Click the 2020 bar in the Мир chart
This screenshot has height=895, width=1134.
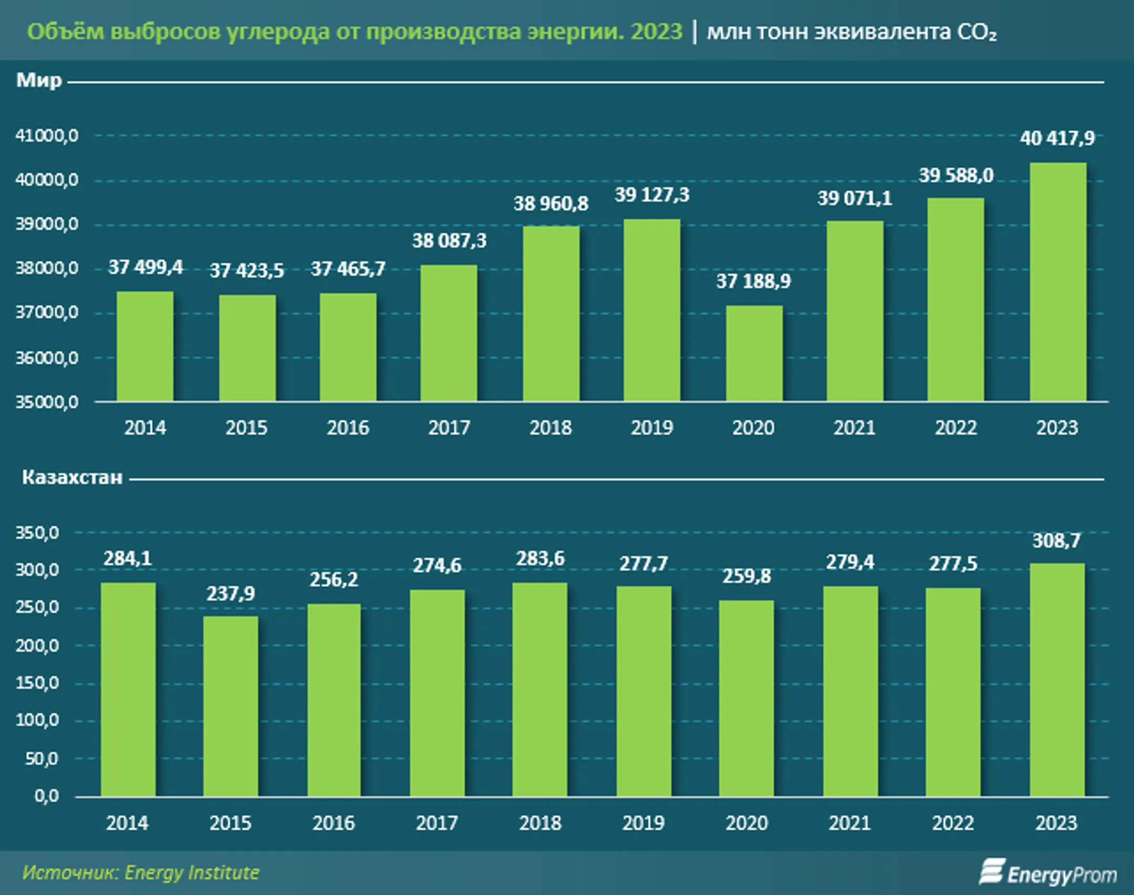(x=754, y=354)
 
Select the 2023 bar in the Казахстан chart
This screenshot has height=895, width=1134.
(x=1057, y=680)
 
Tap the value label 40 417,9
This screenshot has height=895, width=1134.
(x=1057, y=138)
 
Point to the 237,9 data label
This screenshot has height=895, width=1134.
(x=230, y=594)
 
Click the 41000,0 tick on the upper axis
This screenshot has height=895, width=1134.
(x=47, y=136)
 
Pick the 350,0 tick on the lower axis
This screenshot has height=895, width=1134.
(x=37, y=533)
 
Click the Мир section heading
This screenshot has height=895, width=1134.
(x=39, y=81)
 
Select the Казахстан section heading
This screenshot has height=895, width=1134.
(x=72, y=477)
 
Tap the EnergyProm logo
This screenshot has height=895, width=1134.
(x=1048, y=873)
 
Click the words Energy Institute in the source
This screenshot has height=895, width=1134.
(x=192, y=872)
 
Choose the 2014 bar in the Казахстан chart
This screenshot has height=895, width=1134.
(x=128, y=689)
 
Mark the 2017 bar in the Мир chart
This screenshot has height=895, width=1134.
(x=449, y=333)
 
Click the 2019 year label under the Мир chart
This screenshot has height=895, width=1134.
(x=652, y=428)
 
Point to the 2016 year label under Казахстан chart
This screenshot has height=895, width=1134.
(x=333, y=823)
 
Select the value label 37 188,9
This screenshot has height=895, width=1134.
(x=753, y=282)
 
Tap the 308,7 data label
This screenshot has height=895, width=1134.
(x=1056, y=541)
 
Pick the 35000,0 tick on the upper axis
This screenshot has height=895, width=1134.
(x=47, y=402)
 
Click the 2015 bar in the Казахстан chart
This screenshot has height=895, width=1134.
(x=230, y=706)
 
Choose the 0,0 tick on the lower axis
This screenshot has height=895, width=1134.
(x=47, y=796)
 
